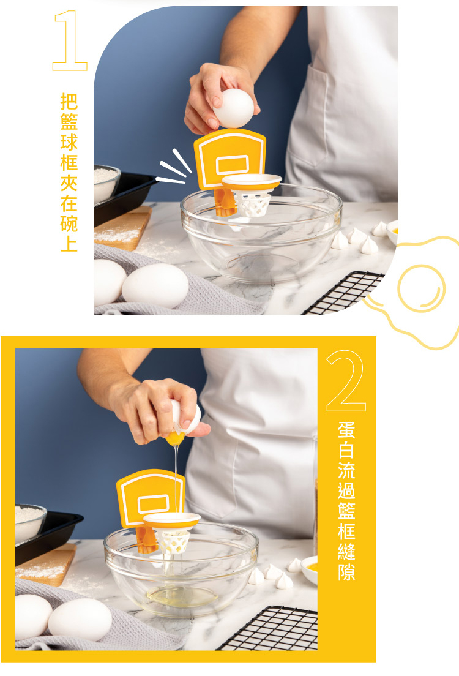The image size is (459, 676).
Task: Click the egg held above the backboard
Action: pos(234,108)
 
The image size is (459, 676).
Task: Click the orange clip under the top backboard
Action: pos(225,202)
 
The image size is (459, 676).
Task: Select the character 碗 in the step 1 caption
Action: pos(69,223)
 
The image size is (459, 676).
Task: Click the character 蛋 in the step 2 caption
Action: pos(346,430)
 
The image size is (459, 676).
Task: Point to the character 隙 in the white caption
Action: pos(346,572)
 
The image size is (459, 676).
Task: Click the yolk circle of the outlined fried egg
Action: pos(421,288)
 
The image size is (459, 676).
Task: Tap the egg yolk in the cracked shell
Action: pos(175,438)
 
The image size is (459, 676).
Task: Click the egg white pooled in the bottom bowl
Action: pos(182,596)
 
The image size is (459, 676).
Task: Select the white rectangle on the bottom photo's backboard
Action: pos(154,504)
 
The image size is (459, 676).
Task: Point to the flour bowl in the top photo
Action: pos(106,183)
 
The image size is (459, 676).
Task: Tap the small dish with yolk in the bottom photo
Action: pos(310,569)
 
